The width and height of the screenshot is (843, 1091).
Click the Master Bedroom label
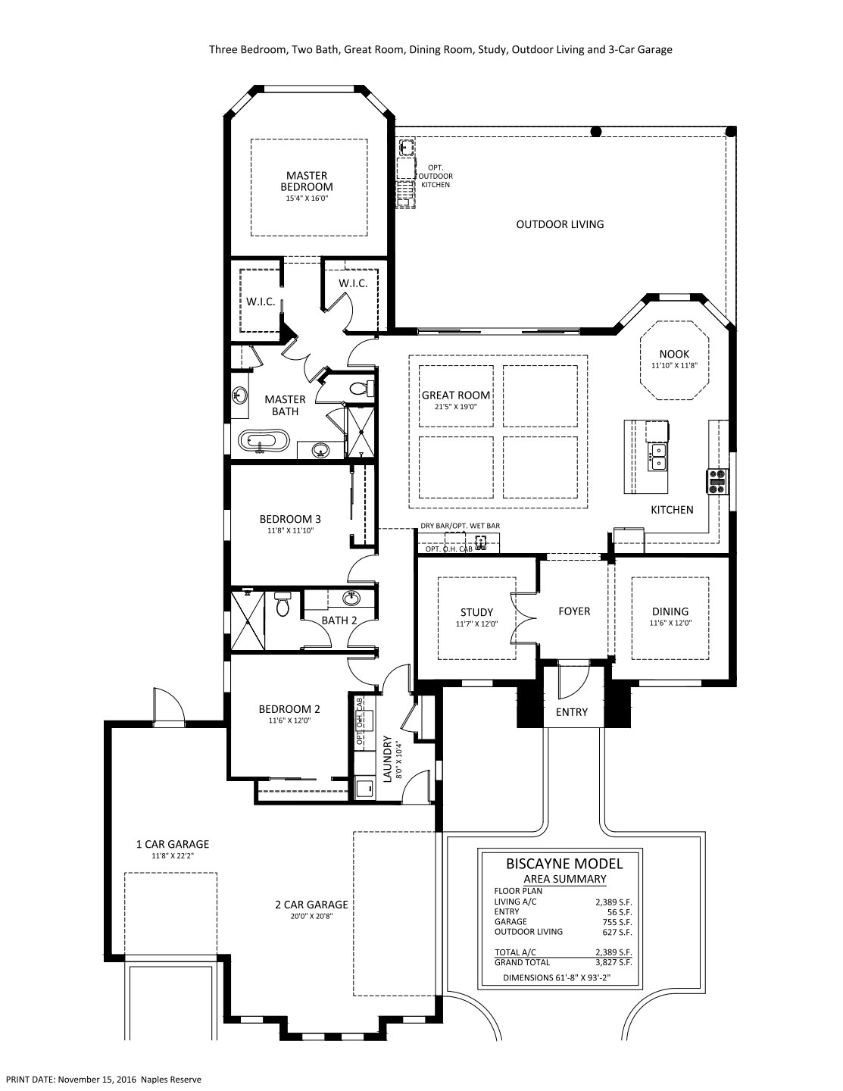point(307,181)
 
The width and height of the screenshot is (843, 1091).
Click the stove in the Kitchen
point(717,481)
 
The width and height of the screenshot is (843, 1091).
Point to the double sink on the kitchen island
point(657,456)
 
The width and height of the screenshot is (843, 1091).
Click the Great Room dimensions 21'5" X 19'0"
point(456,407)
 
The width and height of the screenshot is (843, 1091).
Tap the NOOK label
point(674,354)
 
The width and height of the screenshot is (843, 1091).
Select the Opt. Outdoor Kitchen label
point(435,177)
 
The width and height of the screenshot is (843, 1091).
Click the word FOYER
point(574,611)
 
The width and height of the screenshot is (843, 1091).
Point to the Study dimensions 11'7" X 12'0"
point(476,624)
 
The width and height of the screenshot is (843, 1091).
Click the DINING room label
point(670,611)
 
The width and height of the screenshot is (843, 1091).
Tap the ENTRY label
point(572,712)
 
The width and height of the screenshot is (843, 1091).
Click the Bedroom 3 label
point(290,519)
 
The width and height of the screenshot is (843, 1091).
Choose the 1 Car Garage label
point(173,845)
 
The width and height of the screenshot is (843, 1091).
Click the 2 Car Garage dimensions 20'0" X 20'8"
point(311,916)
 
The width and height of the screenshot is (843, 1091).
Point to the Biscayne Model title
point(564,864)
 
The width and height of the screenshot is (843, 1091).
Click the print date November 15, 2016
point(98,1080)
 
